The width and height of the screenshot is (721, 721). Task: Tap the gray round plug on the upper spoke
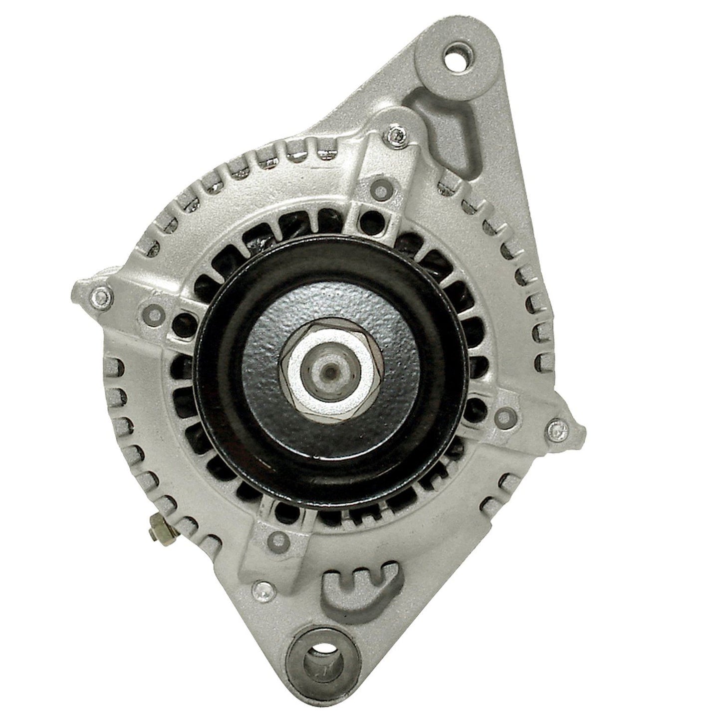tap(381, 190)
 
